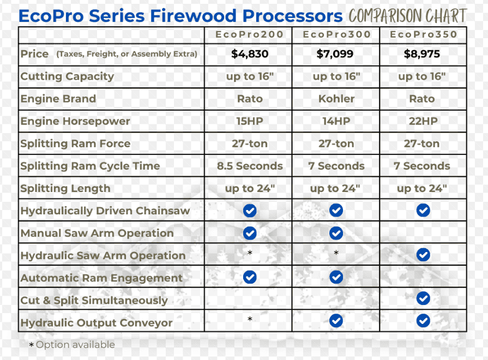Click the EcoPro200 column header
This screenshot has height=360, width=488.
click(249, 34)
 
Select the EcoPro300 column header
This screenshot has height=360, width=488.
click(337, 34)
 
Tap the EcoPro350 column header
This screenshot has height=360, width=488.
click(423, 34)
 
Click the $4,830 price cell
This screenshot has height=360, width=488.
click(250, 54)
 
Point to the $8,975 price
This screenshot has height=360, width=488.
click(422, 54)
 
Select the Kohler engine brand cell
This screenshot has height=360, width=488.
click(336, 99)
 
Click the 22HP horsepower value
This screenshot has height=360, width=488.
click(423, 121)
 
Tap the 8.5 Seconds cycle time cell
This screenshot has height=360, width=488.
click(250, 166)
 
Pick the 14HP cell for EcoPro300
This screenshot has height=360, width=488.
click(336, 121)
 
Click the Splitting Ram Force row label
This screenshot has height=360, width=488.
click(75, 143)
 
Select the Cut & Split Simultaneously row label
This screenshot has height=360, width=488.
click(94, 301)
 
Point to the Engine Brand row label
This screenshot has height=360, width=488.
click(58, 99)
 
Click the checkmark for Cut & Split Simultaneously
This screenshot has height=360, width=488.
click(423, 298)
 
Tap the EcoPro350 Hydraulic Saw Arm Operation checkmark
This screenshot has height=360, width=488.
click(423, 255)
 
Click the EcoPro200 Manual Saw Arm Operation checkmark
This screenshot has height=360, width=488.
click(250, 233)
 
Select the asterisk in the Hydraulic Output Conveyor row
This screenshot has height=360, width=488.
click(250, 319)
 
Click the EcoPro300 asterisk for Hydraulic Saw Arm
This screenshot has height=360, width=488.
click(336, 253)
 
